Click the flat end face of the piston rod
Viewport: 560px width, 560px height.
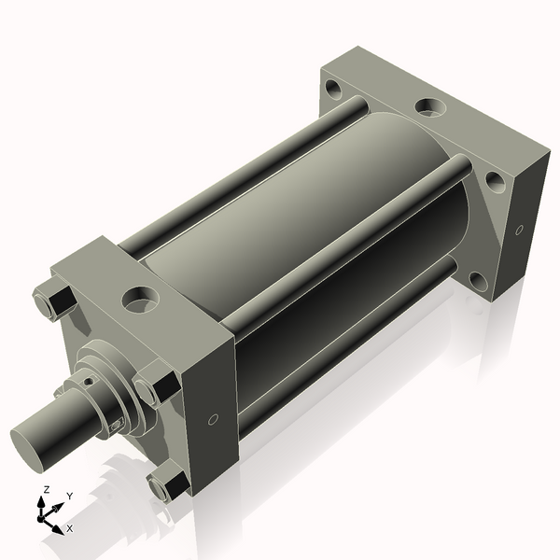point(30,442)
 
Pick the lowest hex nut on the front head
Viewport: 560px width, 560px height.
point(169,484)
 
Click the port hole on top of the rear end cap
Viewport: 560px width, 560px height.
point(429,106)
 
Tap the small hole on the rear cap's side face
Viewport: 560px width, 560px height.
point(518,229)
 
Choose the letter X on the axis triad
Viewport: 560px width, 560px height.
point(69,528)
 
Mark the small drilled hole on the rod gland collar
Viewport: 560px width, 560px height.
point(90,380)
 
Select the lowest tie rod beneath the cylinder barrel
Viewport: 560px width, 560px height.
point(345,341)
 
